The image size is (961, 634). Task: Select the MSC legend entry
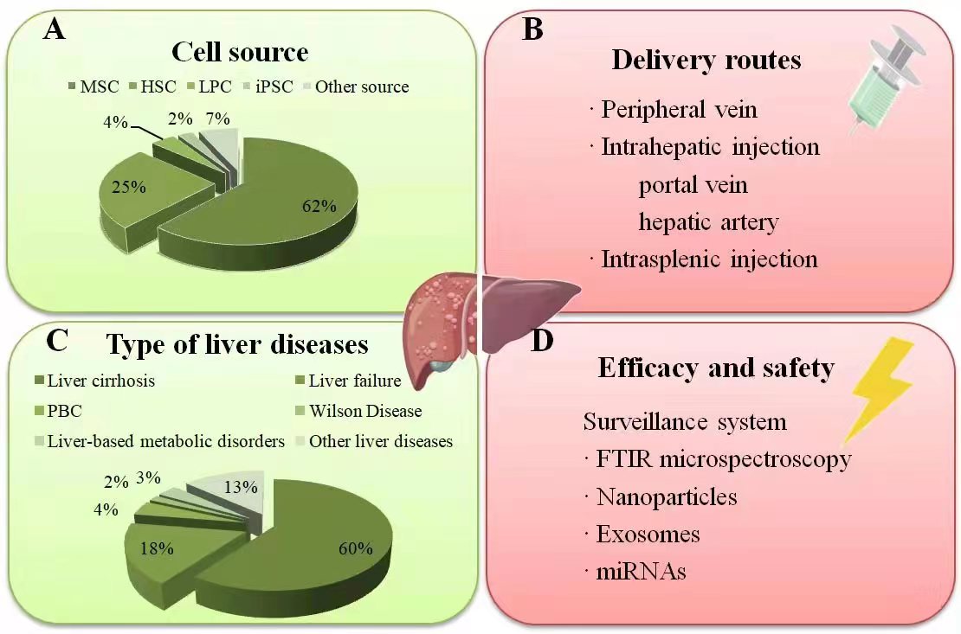(94, 86)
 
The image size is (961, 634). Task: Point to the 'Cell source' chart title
(240, 52)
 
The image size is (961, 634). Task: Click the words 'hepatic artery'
(708, 222)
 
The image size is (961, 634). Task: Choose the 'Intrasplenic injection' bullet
(709, 259)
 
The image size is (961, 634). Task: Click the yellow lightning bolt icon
(878, 386)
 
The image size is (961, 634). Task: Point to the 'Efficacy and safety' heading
(716, 368)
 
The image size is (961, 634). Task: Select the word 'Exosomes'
(648, 534)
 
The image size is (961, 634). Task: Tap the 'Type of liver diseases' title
(237, 344)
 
